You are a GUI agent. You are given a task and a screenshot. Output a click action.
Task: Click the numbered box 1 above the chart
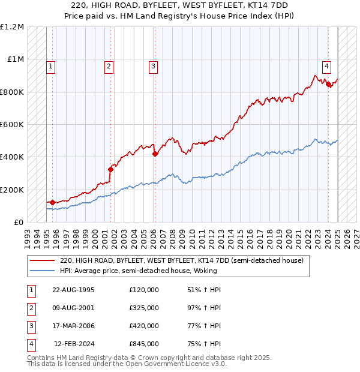coord(51,66)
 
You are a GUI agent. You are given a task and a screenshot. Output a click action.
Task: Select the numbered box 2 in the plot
coord(109,66)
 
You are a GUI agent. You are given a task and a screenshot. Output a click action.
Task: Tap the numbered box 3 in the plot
coord(153,66)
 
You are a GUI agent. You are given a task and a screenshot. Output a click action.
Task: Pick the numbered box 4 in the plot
coord(326,66)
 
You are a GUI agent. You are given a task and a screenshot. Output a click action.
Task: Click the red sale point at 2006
coord(155,154)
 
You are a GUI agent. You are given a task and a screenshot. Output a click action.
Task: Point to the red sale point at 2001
coord(111,169)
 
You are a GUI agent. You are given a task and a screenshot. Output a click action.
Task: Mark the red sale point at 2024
coord(329,85)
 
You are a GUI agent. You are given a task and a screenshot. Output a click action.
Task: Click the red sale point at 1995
coord(53,203)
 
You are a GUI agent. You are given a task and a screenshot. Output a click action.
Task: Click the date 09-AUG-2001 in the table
coord(74,308)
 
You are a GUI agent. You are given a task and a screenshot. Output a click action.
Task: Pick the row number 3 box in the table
coord(30,326)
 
